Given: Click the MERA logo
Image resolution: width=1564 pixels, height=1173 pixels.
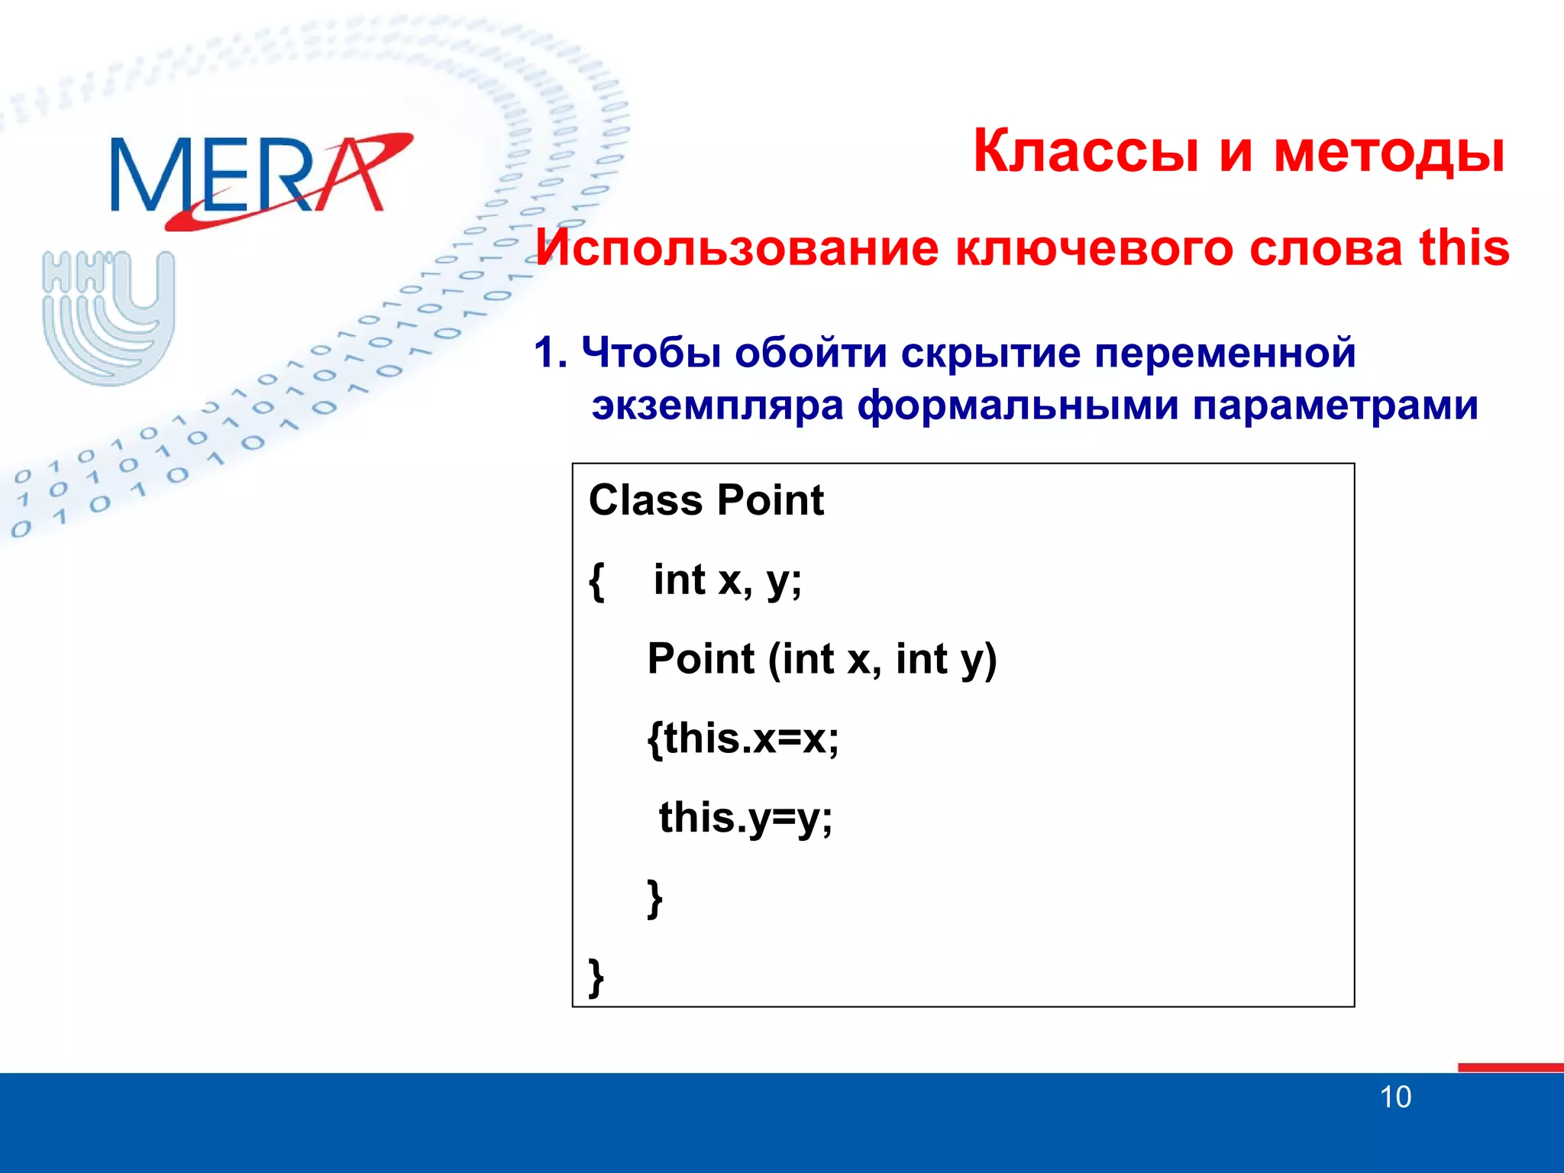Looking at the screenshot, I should coord(260,177).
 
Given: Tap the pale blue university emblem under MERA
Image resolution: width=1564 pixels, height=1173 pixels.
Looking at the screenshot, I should coord(108,317).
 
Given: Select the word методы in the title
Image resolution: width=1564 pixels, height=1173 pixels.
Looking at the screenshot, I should coord(1389,151).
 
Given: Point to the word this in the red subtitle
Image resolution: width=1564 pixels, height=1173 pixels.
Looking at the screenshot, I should coord(1464,248).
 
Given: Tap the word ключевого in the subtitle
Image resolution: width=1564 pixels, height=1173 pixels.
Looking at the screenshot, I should coord(1094,248).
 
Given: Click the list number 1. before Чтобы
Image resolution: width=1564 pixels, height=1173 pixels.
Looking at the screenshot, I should coord(550,354).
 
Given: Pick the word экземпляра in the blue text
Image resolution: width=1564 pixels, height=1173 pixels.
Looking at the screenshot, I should coord(717,405).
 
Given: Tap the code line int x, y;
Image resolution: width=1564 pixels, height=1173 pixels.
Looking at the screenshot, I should coord(727,580).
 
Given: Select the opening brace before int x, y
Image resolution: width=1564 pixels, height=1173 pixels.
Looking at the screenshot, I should coord(597,582).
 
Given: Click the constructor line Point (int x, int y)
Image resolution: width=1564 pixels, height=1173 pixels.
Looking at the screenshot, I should coord(822,659).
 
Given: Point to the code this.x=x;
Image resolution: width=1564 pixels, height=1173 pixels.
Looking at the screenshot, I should coord(743,738).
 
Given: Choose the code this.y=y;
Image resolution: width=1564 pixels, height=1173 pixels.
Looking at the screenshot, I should coord(745,818).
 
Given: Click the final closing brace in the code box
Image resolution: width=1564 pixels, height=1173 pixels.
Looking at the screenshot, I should coord(596,977).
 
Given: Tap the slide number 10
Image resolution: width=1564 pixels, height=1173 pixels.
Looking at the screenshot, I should coord(1394,1097).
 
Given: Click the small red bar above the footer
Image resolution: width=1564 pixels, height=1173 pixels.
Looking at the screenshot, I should coord(1510,1067).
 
